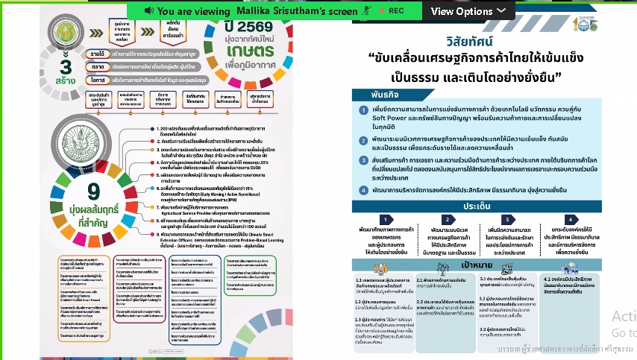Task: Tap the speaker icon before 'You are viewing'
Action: (x=149, y=11)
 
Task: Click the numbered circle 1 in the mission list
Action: (x=364, y=110)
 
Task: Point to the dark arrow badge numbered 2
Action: (x=446, y=220)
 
